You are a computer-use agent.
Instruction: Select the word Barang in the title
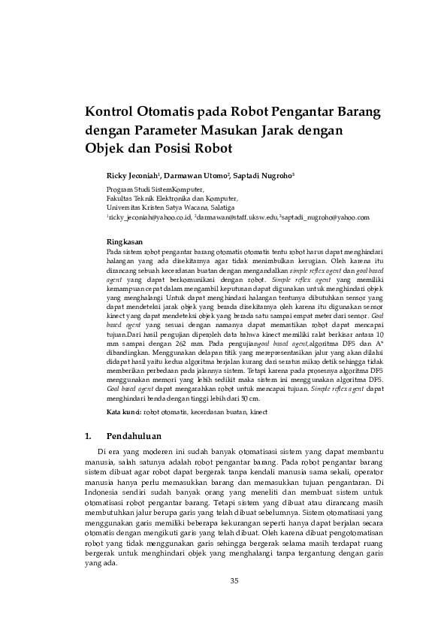355,113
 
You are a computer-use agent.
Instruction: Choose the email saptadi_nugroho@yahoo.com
325,217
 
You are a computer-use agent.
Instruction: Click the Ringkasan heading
124,241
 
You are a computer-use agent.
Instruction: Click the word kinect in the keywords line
258,413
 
